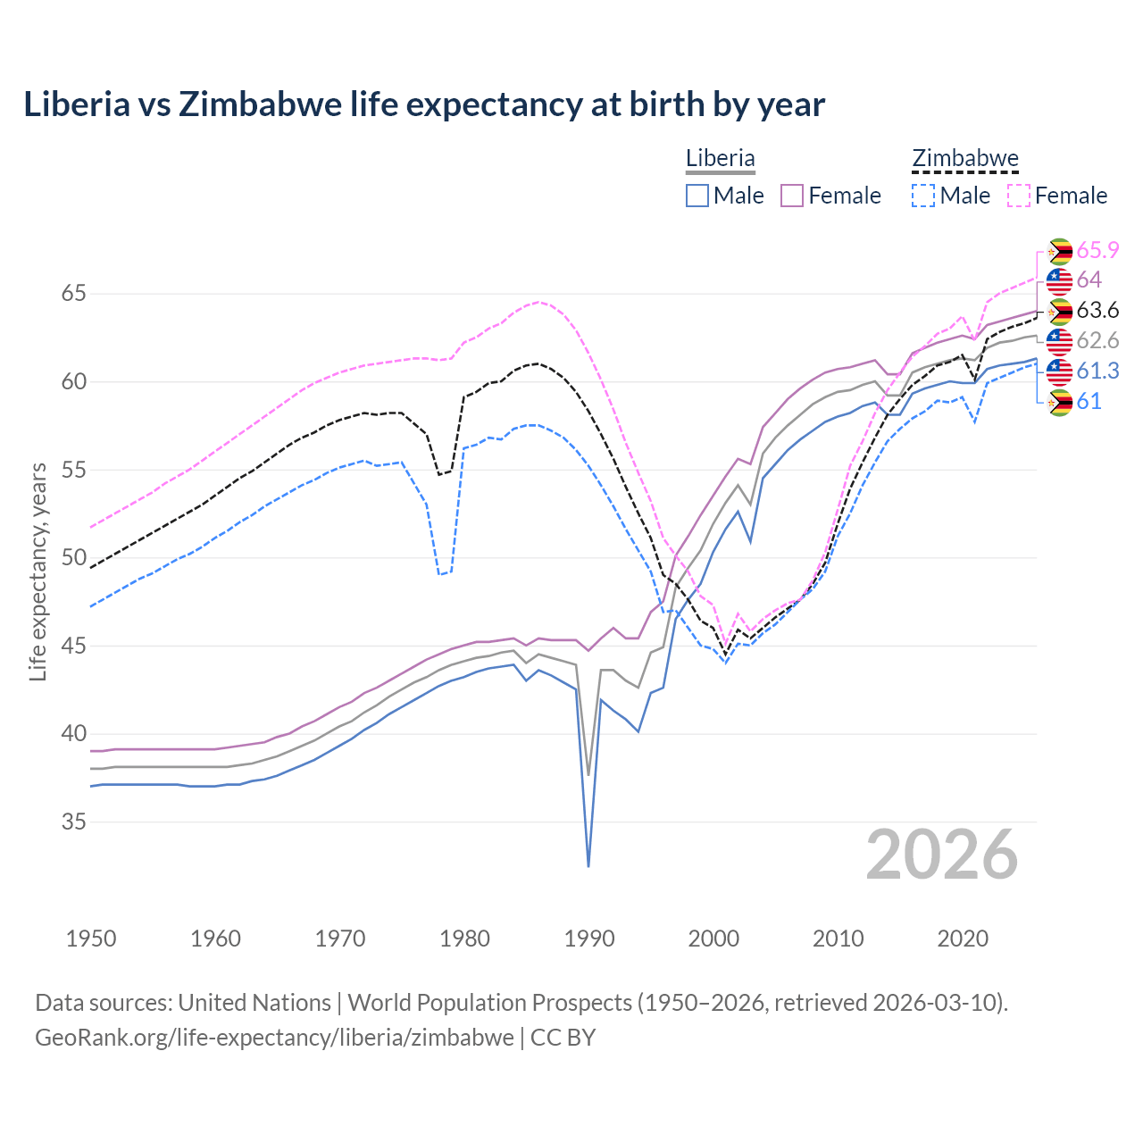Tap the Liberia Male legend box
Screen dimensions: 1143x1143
coord(697,196)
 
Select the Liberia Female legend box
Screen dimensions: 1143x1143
coord(792,196)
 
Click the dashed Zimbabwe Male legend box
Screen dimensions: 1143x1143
coord(923,196)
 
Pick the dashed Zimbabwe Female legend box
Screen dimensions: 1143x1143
coord(1018,196)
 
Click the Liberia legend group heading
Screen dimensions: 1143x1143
coord(720,158)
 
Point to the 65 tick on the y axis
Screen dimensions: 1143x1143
coord(74,294)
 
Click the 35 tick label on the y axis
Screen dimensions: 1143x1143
coord(74,822)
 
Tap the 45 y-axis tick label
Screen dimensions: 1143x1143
coord(74,646)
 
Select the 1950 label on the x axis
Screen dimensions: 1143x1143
coord(91,939)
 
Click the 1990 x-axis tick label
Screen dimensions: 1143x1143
coord(589,939)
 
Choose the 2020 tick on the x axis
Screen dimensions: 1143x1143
coord(963,939)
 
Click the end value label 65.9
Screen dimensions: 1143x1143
coord(1097,251)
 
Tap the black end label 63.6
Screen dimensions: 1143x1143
coord(1097,311)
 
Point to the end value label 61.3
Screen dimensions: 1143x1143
coord(1097,371)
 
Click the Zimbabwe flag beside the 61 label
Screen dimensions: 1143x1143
coord(1059,402)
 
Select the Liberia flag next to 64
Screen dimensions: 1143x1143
coord(1059,280)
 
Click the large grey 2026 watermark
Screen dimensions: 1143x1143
coord(942,855)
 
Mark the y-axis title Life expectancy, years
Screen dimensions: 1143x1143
coord(38,571)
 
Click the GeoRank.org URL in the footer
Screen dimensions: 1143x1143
coord(274,1038)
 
